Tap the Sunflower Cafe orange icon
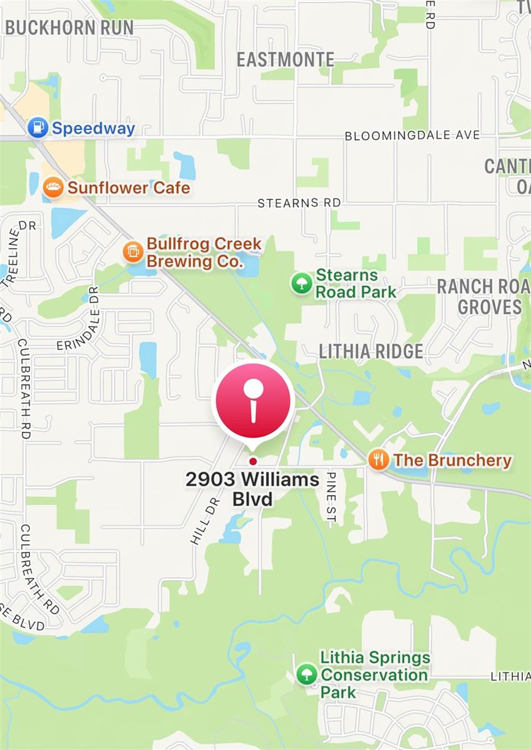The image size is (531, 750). click(x=53, y=187)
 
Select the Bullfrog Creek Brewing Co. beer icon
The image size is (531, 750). click(x=133, y=252)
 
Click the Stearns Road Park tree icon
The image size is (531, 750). click(x=302, y=283)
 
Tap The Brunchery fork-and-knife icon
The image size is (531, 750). click(x=379, y=461)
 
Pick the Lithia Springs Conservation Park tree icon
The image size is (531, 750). click(x=306, y=674)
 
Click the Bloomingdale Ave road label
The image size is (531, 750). click(x=412, y=135)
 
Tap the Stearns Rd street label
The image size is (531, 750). click(x=299, y=203)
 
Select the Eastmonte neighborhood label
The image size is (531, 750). click(x=285, y=59)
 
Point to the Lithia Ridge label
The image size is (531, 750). click(x=371, y=351)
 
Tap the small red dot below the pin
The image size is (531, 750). click(x=252, y=461)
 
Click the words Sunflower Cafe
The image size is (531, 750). click(x=129, y=187)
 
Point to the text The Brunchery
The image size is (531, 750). click(x=452, y=461)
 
